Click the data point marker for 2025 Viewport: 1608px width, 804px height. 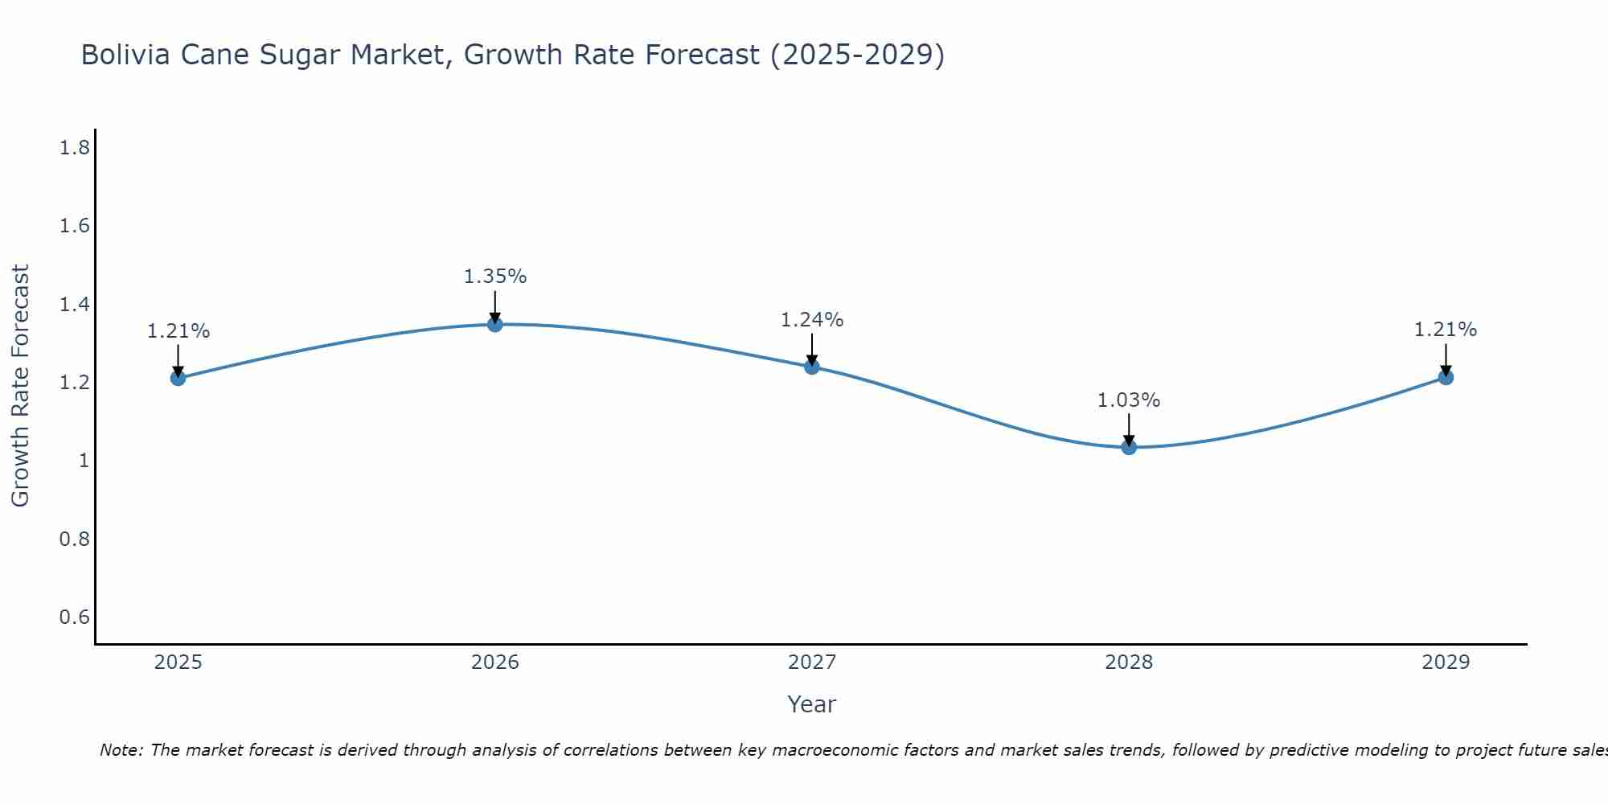(178, 378)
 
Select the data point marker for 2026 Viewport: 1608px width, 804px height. (495, 324)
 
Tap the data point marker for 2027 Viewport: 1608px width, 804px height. (812, 367)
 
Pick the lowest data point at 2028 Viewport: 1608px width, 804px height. (1129, 447)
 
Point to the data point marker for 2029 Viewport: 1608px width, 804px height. (1446, 377)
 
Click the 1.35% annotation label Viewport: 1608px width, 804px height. (495, 277)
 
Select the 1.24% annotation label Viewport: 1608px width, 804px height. (812, 320)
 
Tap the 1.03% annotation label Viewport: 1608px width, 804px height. (1129, 400)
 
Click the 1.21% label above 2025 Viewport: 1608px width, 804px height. (178, 331)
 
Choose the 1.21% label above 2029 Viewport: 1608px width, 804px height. (1446, 330)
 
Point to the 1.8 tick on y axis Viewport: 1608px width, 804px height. (75, 148)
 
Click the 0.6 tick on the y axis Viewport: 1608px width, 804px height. (75, 617)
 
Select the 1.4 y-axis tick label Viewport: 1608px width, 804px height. (75, 305)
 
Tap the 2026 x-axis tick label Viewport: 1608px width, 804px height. (495, 662)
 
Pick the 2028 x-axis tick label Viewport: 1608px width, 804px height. (1129, 662)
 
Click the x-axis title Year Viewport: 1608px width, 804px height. (812, 704)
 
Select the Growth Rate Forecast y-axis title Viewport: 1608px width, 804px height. (20, 386)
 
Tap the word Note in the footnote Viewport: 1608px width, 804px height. (121, 750)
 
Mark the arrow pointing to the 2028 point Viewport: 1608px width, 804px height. (1129, 429)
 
